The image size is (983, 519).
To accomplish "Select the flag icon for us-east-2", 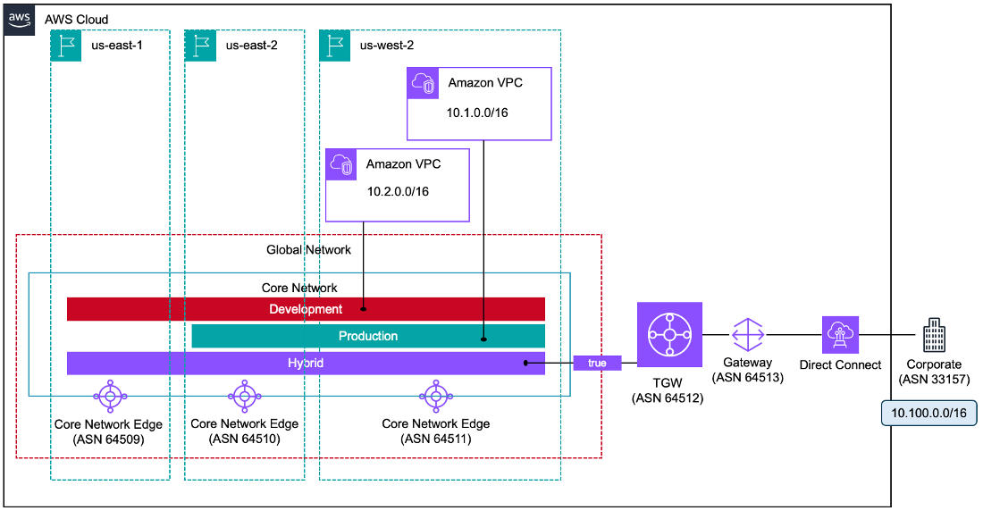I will (200, 46).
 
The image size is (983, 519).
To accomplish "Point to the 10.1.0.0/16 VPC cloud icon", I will (424, 83).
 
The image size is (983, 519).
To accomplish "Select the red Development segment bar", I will (306, 309).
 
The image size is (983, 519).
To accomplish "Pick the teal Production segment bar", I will (367, 336).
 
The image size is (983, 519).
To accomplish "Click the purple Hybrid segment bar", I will (306, 364).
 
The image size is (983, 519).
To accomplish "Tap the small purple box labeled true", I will (597, 364).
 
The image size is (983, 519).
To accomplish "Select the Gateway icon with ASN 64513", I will (748, 335).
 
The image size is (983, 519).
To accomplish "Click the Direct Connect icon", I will (840, 335).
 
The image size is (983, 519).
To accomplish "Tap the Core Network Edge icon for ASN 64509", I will (109, 394).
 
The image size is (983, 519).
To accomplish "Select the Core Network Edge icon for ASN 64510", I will (244, 394).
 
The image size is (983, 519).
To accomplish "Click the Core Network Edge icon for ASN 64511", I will (435, 394).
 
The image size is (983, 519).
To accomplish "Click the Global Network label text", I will (308, 250).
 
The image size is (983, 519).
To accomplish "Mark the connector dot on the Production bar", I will (483, 339).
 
